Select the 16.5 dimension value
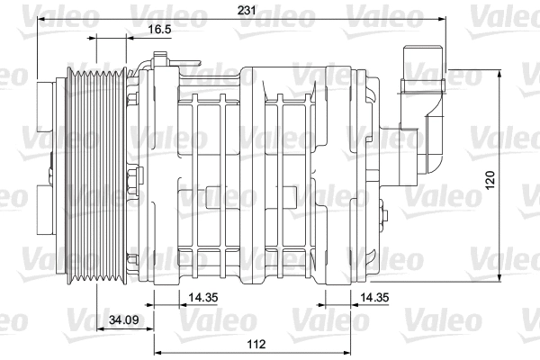click(x=159, y=30)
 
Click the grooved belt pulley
click(x=94, y=171)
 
